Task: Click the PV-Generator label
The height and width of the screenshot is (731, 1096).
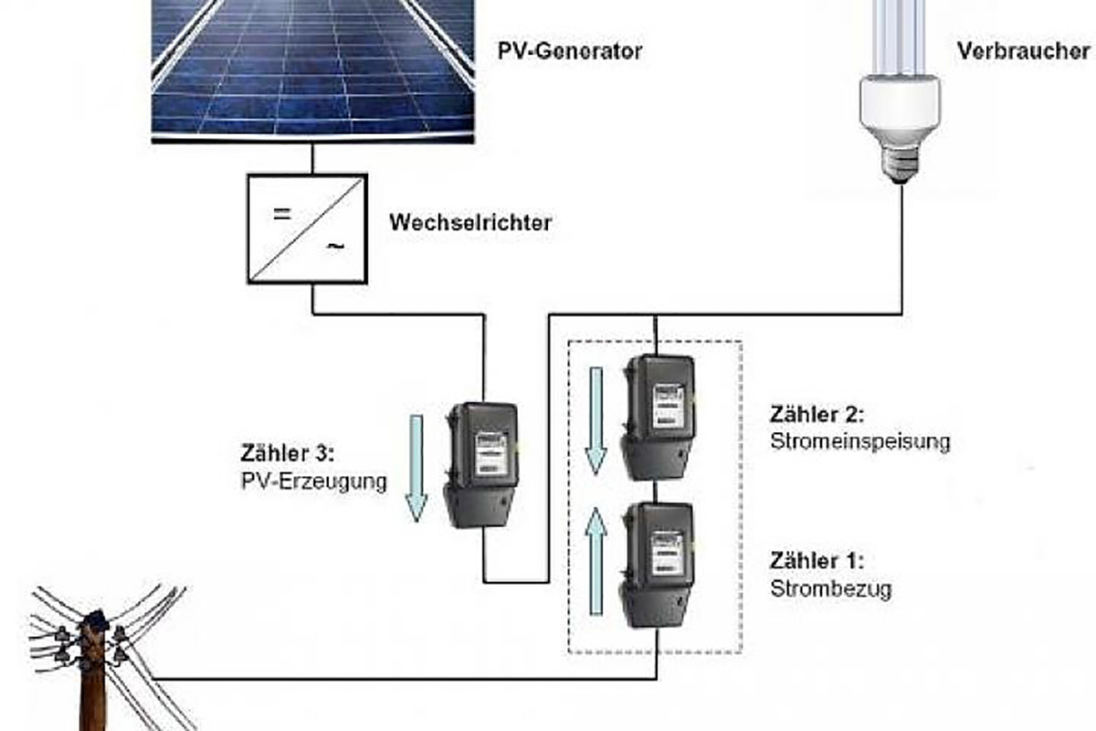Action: (569, 51)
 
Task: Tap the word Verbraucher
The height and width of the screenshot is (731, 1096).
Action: (1023, 51)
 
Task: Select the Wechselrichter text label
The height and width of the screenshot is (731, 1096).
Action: (470, 222)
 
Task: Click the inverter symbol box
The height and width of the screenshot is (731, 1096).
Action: (306, 228)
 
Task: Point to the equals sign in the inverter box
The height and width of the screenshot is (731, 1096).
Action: (282, 216)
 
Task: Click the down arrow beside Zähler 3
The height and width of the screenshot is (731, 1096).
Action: (416, 467)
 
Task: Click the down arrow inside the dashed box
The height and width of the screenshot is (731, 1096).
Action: (595, 420)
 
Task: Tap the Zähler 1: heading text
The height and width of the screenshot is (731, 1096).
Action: (817, 560)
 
